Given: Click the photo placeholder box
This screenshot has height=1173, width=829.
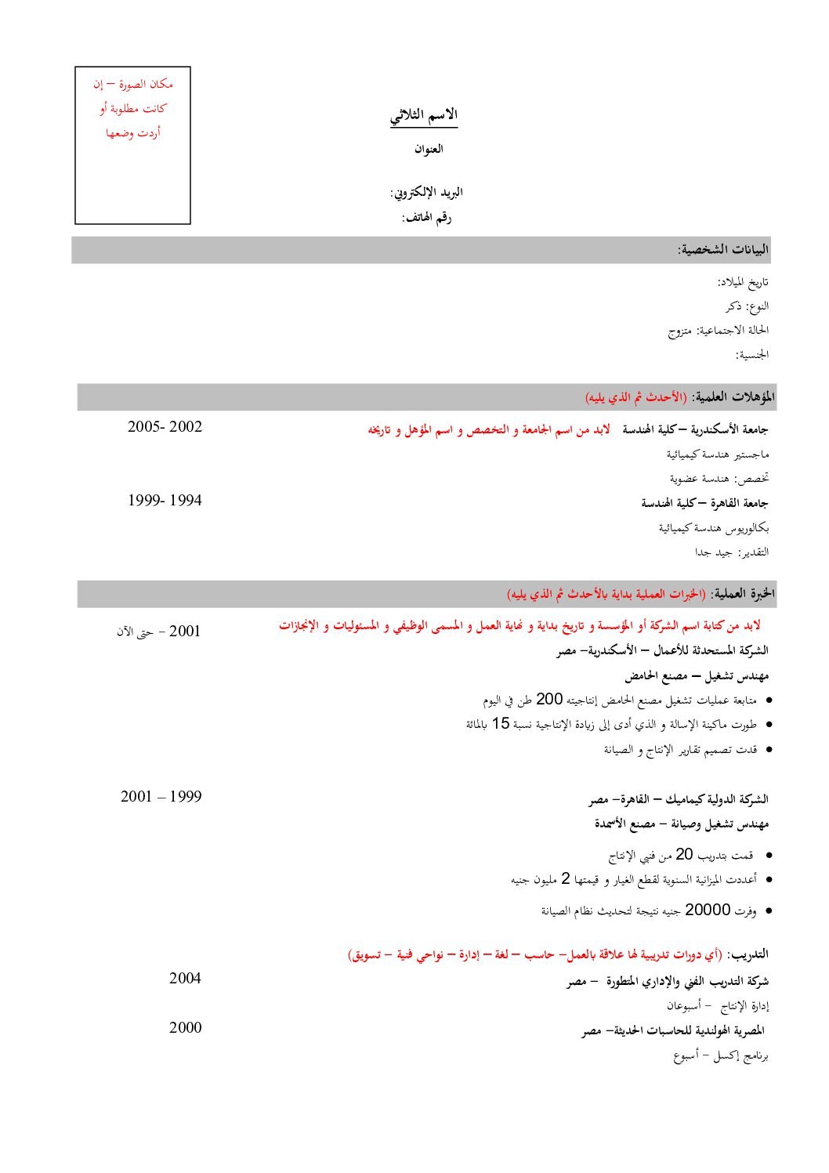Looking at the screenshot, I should pyautogui.click(x=132, y=146).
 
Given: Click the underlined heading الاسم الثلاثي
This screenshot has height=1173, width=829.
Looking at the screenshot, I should pyautogui.click(x=424, y=116).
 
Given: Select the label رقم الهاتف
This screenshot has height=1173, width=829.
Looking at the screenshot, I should pyautogui.click(x=427, y=217).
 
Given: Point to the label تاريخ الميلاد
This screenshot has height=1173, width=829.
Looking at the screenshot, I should pyautogui.click(x=743, y=281).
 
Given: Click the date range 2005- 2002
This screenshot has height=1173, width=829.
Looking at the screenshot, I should pyautogui.click(x=165, y=427).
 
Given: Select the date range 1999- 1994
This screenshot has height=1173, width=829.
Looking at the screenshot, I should pyautogui.click(x=165, y=501).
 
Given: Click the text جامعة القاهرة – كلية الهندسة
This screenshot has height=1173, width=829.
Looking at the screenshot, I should pyautogui.click(x=704, y=503).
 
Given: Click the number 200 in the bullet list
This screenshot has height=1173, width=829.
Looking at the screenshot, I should pyautogui.click(x=549, y=699).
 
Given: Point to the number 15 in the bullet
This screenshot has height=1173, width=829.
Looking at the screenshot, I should pyautogui.click(x=501, y=723).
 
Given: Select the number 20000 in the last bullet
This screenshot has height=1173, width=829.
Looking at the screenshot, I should pyautogui.click(x=708, y=910).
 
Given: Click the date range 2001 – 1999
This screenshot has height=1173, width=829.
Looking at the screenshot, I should pyautogui.click(x=161, y=797).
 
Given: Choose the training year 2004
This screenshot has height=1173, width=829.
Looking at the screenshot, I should pyautogui.click(x=185, y=978).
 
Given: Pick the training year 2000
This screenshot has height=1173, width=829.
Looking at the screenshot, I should pyautogui.click(x=185, y=1028).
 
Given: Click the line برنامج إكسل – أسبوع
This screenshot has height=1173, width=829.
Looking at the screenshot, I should pyautogui.click(x=721, y=1055).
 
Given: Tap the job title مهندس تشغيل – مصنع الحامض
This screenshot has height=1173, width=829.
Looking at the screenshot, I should pyautogui.click(x=697, y=675).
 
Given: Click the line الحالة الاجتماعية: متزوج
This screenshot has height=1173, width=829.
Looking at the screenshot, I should pyautogui.click(x=719, y=331).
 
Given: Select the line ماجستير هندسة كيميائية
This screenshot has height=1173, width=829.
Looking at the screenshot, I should pyautogui.click(x=718, y=454).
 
